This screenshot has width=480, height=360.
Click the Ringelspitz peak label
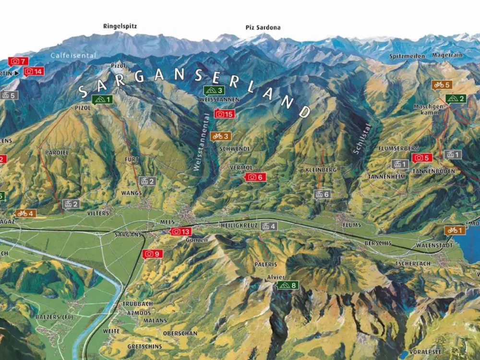[x=120, y=26]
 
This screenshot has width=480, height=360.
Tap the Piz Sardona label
[x=263, y=28]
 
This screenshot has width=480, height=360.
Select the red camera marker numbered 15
[x=224, y=114]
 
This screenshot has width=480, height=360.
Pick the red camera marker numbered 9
[x=153, y=254]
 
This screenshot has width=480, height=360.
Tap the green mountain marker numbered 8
[x=287, y=285]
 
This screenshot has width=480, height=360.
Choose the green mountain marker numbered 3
[x=214, y=90]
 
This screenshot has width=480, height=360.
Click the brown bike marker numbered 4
[x=25, y=213]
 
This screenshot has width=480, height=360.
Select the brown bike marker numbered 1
[x=455, y=230]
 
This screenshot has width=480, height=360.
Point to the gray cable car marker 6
[x=322, y=194]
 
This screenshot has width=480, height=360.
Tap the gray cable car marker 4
[x=269, y=226]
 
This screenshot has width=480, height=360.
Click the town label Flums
[x=351, y=225]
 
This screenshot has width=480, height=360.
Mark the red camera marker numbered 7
[x=18, y=61]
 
